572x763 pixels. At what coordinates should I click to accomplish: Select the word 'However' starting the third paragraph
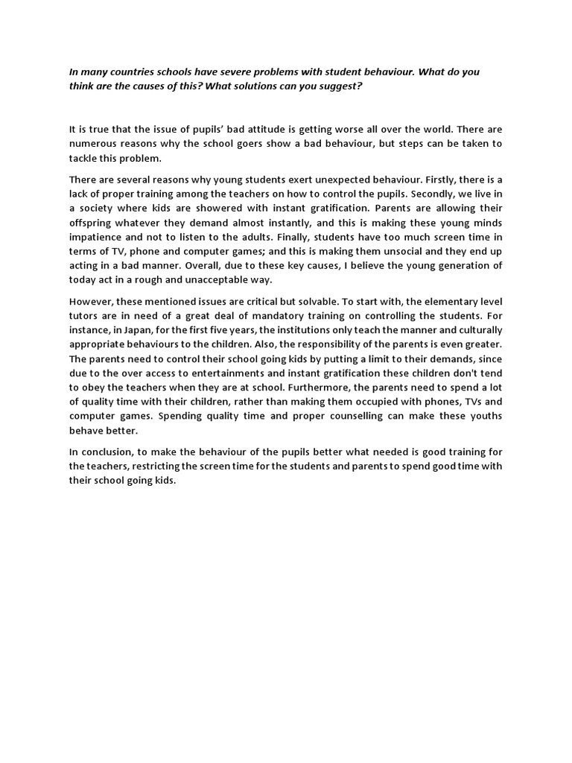pyautogui.click(x=90, y=301)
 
